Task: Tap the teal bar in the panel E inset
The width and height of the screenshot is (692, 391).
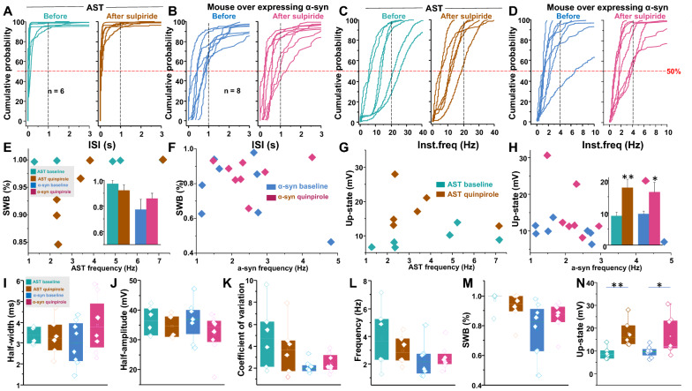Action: coord(111,208)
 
